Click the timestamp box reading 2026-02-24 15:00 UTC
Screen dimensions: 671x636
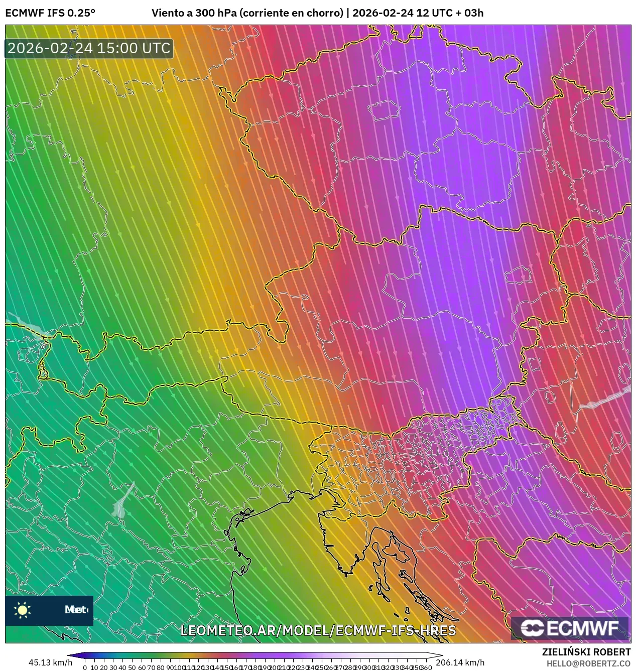tap(89, 48)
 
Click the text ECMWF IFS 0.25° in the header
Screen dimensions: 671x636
tap(50, 13)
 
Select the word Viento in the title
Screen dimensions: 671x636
tap(168, 13)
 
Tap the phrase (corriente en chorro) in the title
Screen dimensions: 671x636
tap(291, 13)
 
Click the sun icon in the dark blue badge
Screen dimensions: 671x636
tap(23, 610)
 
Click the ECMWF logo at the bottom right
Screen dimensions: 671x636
tap(570, 628)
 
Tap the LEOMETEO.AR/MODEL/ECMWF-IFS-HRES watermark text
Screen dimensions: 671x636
tap(318, 630)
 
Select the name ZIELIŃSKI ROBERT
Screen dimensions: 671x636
tap(586, 652)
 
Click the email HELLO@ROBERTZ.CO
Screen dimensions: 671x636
tap(588, 663)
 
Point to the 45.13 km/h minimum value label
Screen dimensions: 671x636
tap(50, 662)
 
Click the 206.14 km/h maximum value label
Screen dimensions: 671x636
tap(460, 662)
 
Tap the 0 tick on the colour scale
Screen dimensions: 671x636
tap(85, 667)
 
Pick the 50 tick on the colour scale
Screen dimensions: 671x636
tap(132, 667)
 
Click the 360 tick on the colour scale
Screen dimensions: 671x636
tap(427, 667)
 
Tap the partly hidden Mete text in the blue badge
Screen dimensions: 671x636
tap(76, 610)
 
